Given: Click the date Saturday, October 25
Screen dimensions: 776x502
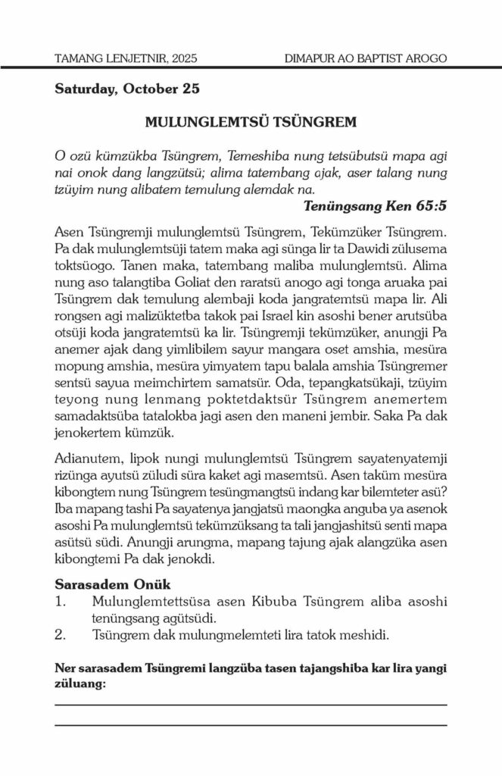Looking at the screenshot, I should click(127, 89).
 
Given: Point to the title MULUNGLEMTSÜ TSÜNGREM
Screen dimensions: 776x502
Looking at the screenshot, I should click(250, 122).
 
